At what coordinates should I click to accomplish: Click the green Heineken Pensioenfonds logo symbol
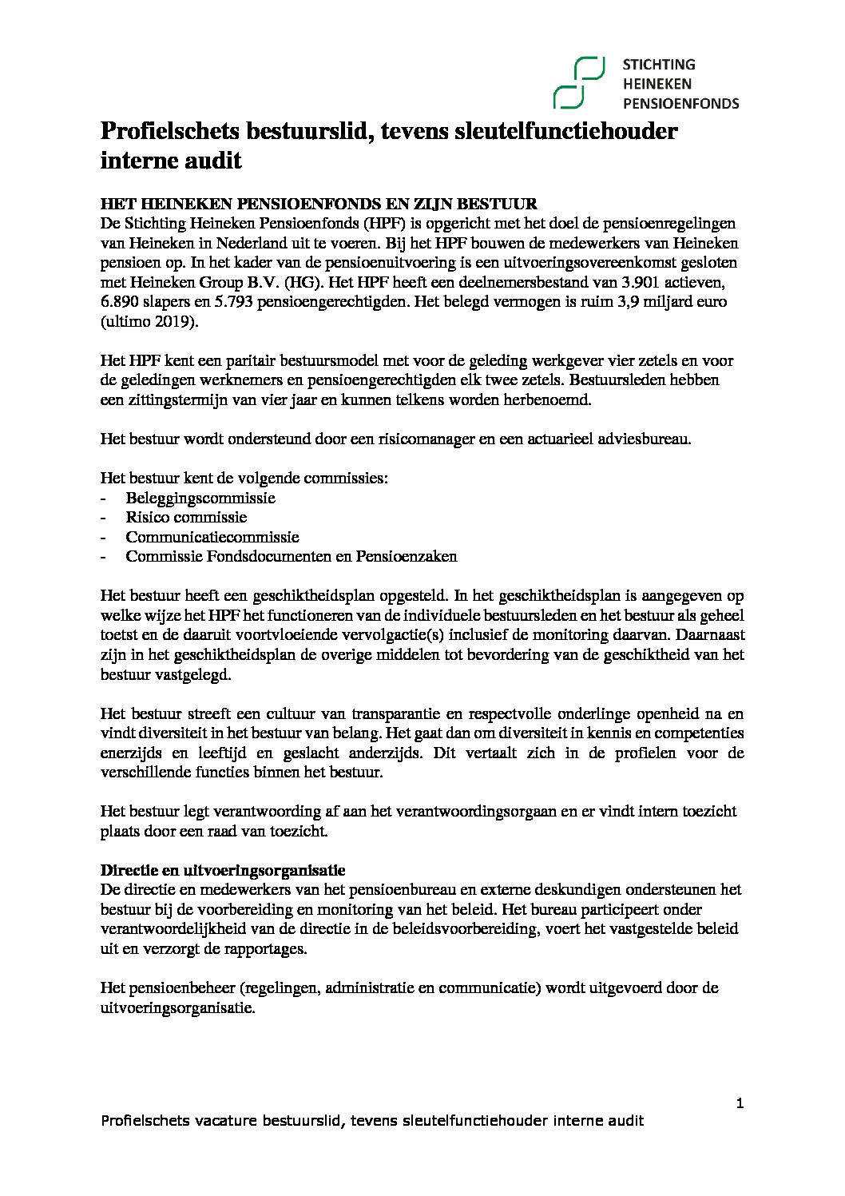(578, 82)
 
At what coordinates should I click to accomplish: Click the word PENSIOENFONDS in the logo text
(680, 102)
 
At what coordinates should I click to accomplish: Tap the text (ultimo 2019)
(153, 322)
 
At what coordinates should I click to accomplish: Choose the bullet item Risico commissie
(186, 517)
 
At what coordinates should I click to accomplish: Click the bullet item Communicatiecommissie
(212, 537)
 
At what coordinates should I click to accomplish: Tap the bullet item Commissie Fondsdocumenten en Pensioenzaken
(292, 557)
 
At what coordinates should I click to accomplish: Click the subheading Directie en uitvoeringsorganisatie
(222, 869)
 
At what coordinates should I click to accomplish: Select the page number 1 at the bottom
(740, 1103)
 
